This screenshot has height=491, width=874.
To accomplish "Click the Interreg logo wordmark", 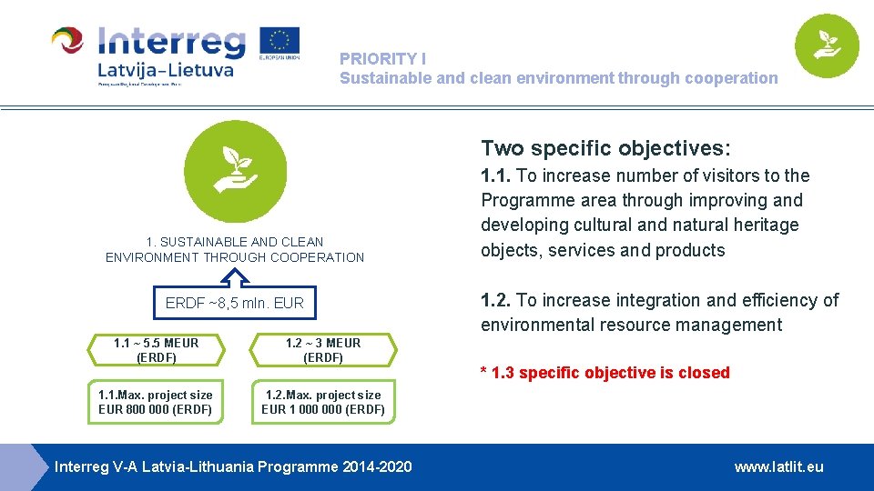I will tap(171, 41).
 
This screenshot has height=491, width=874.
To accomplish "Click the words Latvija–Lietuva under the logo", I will tap(165, 70).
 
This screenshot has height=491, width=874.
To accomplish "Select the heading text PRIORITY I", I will tap(382, 58).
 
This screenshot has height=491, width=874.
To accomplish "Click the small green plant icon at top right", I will tap(827, 45).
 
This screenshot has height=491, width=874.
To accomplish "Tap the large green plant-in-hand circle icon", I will tap(235, 171).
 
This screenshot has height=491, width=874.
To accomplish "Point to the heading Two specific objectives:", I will tap(605, 148).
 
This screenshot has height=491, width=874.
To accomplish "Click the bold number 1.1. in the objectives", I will tap(496, 175).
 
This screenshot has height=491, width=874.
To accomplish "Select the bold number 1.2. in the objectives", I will tap(496, 300).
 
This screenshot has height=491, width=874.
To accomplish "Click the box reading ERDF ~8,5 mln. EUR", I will tap(235, 303).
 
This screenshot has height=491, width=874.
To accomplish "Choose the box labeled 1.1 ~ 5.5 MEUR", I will tap(156, 350).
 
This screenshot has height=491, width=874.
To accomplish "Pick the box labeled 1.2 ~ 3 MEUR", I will tap(323, 350).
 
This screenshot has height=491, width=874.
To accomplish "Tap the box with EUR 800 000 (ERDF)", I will tap(156, 402).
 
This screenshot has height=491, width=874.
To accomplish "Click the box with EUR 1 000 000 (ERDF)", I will tap(323, 402).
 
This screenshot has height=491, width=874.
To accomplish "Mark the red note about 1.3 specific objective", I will tap(605, 373).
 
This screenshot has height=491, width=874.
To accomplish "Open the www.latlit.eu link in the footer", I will tap(778, 466).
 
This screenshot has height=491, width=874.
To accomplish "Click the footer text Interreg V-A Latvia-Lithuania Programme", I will tap(233, 466).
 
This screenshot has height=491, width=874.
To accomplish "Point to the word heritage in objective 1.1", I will tap(768, 225).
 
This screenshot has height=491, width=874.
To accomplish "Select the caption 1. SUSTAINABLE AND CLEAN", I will tap(235, 242).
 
